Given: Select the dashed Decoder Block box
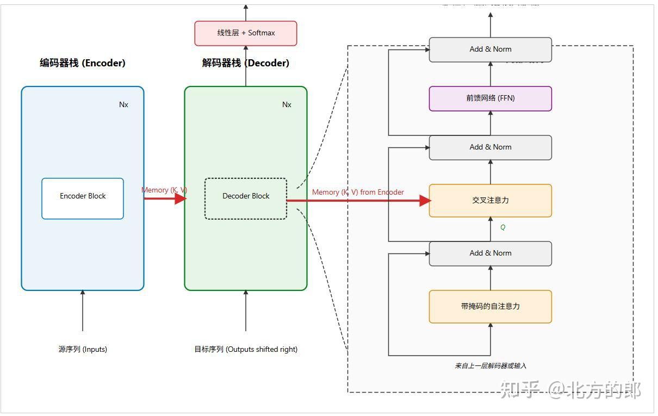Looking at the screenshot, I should (x=246, y=198).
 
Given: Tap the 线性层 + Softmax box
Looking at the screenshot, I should (x=246, y=33).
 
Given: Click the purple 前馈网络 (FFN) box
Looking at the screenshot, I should (x=490, y=98).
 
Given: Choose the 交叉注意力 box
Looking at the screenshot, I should (x=490, y=201).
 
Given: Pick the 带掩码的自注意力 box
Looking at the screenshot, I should (x=490, y=307).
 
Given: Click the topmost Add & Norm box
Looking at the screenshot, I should (x=490, y=49).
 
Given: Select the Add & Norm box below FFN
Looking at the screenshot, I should (x=490, y=147).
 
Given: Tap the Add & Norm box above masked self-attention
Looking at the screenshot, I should (x=490, y=253).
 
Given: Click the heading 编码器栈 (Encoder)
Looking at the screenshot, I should (x=83, y=63).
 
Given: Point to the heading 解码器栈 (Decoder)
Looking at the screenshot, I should (x=246, y=63).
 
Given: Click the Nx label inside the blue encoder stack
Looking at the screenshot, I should (x=123, y=105).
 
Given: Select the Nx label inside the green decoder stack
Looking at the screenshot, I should (x=287, y=105).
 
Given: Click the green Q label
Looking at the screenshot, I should (x=502, y=228).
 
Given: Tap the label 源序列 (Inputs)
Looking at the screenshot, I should (x=83, y=350).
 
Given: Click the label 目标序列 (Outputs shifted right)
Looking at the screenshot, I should (x=246, y=350).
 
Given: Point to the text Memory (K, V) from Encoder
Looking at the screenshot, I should (x=358, y=193).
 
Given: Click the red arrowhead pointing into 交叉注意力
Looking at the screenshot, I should (x=425, y=201).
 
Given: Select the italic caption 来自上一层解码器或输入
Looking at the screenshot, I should (x=490, y=366).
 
